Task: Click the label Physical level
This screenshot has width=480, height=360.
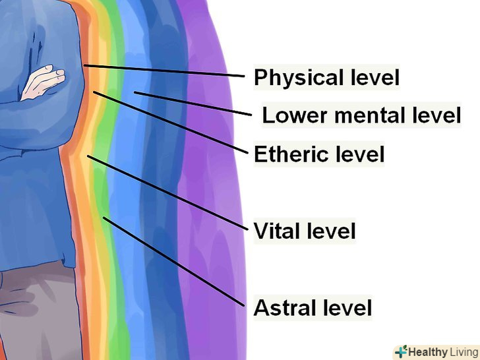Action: coord(326,78)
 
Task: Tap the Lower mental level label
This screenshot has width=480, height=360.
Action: coord(361,115)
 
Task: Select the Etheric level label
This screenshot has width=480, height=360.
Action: coord(319,154)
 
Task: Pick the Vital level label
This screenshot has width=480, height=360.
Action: coord(305,231)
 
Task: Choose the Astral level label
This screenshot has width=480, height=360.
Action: coord(313,307)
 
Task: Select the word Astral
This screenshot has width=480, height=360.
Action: coord(283,307)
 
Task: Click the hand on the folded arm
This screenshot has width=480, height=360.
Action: coord(44,82)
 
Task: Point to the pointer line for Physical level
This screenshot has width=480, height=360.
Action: coord(165,71)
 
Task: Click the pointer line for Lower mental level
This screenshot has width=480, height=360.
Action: coord(191,103)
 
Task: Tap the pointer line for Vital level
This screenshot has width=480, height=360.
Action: coord(168,192)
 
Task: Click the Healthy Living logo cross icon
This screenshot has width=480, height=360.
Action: coord(401,351)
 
